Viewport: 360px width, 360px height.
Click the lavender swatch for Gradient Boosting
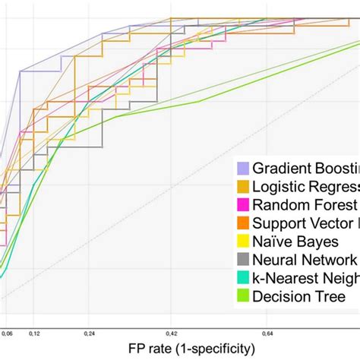point(243,168)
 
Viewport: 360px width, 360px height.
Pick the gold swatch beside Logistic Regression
point(243,186)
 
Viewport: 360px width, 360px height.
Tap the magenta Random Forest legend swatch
point(243,204)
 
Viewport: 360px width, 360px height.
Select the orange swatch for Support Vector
point(243,223)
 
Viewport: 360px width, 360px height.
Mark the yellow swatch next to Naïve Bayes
point(243,241)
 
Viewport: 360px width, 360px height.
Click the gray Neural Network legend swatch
point(243,259)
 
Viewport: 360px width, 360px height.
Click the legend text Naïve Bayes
point(295,241)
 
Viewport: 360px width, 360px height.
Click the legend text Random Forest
point(305,204)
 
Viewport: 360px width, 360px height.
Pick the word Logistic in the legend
point(277,186)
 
